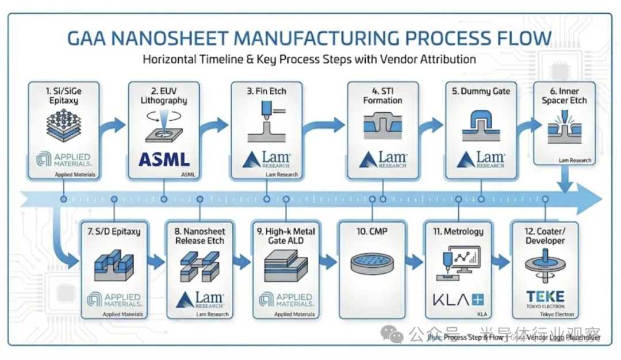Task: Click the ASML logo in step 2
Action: pos(164,159)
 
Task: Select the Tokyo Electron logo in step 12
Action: pos(545,298)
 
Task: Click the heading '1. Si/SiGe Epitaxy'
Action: pos(63,95)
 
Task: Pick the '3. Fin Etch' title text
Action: pos(267,91)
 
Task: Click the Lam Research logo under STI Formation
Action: pos(383,160)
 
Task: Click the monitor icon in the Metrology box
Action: pos(463,259)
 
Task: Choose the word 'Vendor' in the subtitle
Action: pos(375,59)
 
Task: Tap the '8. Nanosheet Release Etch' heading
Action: pos(200,236)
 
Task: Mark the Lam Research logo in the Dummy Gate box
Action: pos(481,160)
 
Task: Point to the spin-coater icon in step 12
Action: pos(545,263)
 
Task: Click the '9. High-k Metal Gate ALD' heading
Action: pos(286,236)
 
